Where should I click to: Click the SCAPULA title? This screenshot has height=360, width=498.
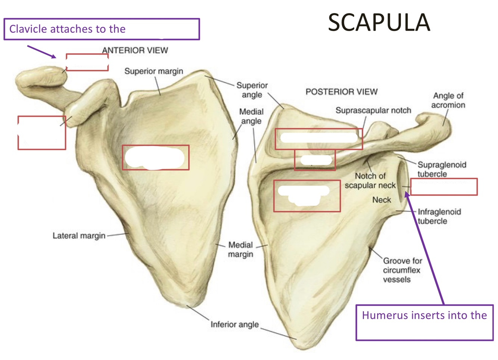pos(379,22)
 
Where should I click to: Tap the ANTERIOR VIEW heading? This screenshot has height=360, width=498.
pos(135,50)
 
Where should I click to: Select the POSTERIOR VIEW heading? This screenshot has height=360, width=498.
pos(342,92)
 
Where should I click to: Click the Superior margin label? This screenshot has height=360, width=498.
pos(154,71)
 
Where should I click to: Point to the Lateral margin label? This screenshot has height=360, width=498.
pos(79,236)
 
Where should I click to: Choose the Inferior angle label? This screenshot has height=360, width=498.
pos(234,325)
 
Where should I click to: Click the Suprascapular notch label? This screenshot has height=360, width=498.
pos(373,111)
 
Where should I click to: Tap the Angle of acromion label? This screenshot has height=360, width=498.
pos(448,100)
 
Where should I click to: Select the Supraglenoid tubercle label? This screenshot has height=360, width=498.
pos(442,169)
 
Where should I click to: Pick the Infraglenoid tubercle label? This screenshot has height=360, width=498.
pos(439,216)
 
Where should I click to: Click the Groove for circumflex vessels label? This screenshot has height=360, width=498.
pos(402,270)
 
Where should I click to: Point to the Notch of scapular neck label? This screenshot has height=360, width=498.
pos(370,181)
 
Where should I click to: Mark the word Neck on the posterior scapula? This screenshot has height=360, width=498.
pos(382,200)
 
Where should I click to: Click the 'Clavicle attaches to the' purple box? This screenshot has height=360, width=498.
pos(102,29)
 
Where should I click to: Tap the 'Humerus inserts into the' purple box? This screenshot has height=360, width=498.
pos(424,322)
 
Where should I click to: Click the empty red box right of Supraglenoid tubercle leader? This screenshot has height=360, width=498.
pos(444,187)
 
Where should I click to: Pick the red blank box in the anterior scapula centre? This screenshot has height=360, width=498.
pos(156,158)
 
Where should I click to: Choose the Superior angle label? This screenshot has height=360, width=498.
pos(252,90)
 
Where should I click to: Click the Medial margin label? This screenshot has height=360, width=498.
pos(240,249)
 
